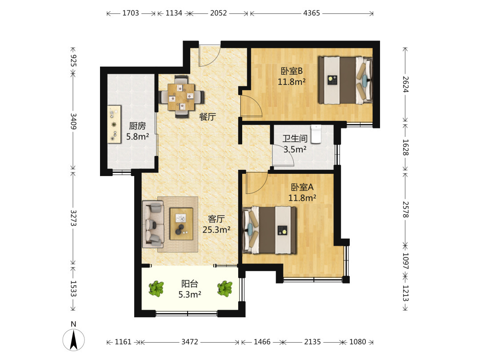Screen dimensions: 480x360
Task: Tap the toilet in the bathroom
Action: (x=316, y=134)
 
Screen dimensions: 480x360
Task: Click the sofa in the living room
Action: (x=153, y=224)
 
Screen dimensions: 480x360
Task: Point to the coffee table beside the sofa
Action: (x=181, y=224)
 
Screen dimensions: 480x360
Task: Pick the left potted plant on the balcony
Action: (x=156, y=289)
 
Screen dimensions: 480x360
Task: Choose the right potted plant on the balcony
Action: (x=225, y=289)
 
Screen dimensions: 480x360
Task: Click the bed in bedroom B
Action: (x=345, y=80)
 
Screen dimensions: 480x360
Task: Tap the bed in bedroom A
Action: (x=269, y=230)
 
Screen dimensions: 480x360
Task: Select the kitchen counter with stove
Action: (x=114, y=124)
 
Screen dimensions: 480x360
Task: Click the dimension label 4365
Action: (x=312, y=13)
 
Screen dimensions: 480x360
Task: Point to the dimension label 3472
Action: (x=190, y=342)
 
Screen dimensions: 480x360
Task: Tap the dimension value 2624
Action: (x=405, y=84)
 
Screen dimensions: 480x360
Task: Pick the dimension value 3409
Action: (x=73, y=121)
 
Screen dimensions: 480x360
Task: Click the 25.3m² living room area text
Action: (x=216, y=230)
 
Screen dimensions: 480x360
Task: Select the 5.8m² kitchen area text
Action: (x=138, y=136)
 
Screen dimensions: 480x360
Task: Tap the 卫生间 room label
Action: (x=295, y=139)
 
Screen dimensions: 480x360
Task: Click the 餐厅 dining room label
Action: (x=208, y=116)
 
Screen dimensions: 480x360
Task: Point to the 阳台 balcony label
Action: (x=190, y=284)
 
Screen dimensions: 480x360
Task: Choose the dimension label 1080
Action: (x=357, y=342)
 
